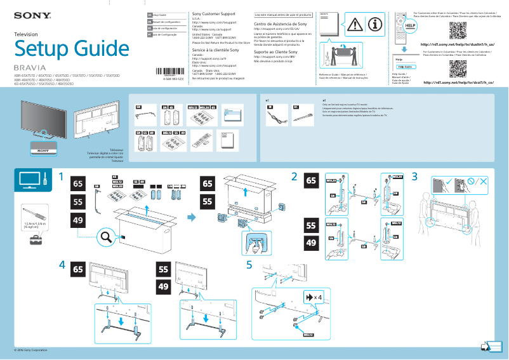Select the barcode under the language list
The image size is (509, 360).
(x=169, y=72)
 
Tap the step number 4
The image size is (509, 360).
(x=62, y=263)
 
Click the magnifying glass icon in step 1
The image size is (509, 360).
(x=107, y=237)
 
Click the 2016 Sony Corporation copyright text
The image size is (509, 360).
(x=31, y=350)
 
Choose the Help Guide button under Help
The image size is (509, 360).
(x=405, y=67)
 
